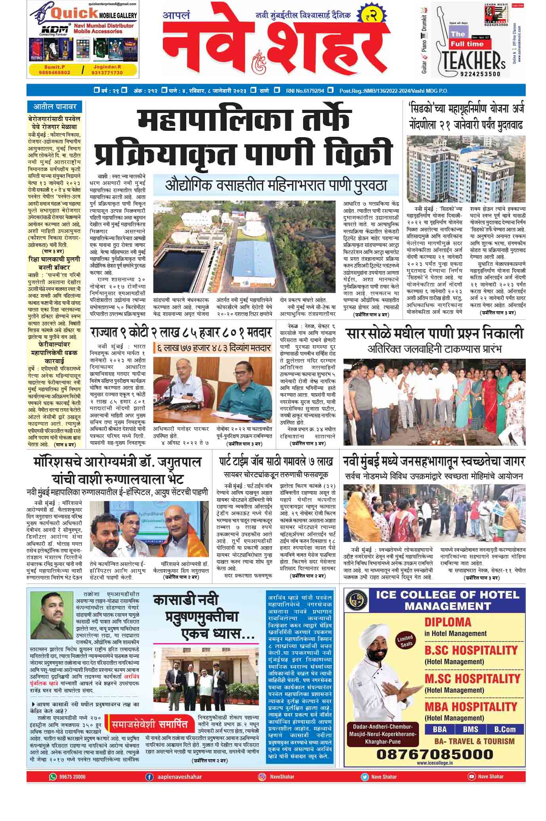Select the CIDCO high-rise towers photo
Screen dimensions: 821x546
point(466,168)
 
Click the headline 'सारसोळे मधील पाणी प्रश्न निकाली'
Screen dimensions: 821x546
point(435,333)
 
